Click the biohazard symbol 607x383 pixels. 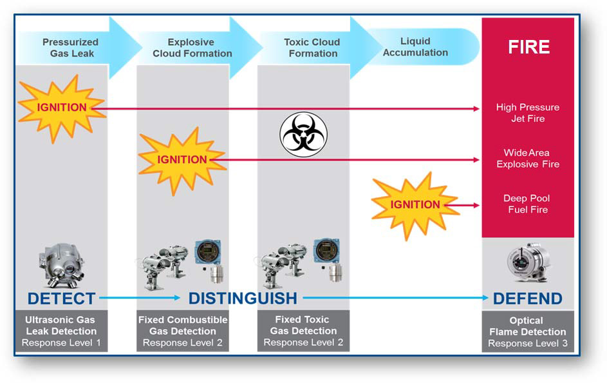(x=304, y=135)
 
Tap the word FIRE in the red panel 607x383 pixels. (x=528, y=47)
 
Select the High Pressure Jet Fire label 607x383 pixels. (x=528, y=113)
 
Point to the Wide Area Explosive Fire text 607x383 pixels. (x=528, y=158)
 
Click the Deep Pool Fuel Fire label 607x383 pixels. (x=527, y=204)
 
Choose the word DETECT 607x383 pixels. (x=61, y=299)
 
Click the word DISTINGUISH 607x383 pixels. (x=243, y=299)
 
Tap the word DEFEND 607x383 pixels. (x=527, y=299)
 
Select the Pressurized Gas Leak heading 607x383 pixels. (x=71, y=48)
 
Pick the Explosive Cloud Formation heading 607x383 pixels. (x=192, y=48)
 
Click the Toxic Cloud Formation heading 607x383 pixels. (x=312, y=48)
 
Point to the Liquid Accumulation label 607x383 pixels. (x=415, y=47)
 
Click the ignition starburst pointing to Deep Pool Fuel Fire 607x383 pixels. (x=415, y=205)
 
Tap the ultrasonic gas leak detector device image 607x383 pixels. (x=61, y=266)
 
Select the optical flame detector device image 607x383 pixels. (x=528, y=262)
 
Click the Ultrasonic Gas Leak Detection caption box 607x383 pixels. (x=62, y=331)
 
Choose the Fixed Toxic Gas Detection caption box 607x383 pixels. (x=304, y=331)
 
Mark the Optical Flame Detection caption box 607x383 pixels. (x=528, y=331)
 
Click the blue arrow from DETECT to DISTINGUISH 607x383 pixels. (x=140, y=298)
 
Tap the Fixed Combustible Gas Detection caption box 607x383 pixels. (x=183, y=331)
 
